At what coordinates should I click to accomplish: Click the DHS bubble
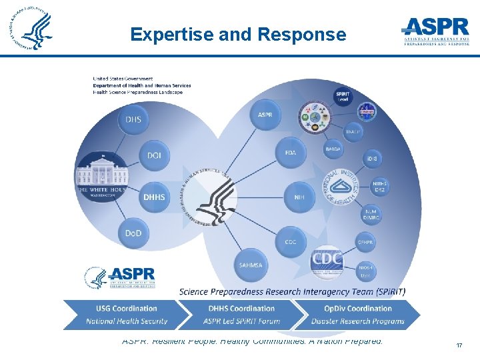tap(133, 119)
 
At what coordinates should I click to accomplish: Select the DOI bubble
tap(154, 155)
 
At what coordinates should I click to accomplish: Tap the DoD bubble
tap(133, 233)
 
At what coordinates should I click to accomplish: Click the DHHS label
tap(154, 197)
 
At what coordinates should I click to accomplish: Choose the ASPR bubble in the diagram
tap(265, 115)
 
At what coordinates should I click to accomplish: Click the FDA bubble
tap(291, 153)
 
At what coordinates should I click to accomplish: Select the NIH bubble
tap(299, 197)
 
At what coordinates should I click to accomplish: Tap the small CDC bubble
tap(291, 241)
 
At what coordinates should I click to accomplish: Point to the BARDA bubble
tap(333, 149)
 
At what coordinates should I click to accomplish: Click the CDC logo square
tap(327, 260)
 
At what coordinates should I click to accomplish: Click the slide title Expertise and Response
tap(238, 34)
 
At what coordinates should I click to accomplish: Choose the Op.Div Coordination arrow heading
tap(357, 309)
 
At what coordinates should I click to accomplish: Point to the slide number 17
tap(459, 345)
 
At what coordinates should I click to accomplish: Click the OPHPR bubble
tap(365, 241)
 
